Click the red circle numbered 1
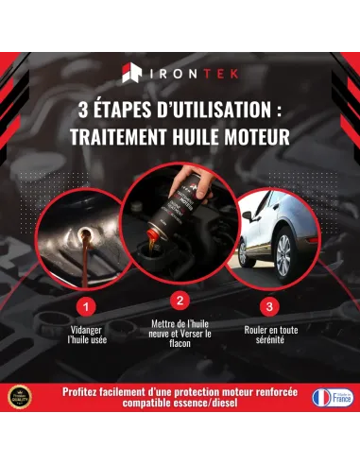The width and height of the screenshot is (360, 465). [x=86, y=306]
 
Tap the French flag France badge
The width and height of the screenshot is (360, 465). [x=331, y=398]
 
